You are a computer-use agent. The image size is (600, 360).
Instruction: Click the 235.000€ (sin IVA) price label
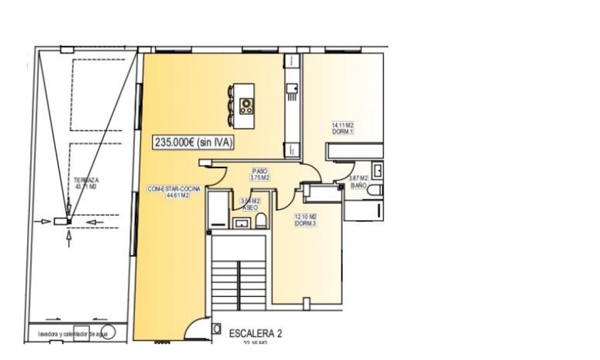194,142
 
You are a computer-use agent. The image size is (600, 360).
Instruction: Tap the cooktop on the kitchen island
246,105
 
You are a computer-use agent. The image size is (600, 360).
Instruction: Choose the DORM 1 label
343,132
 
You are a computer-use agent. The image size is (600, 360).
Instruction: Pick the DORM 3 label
305,224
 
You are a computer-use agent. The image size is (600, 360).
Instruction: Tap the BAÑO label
358,185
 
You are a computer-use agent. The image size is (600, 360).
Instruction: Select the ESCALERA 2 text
255,333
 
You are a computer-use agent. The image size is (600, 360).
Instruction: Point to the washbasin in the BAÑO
379,171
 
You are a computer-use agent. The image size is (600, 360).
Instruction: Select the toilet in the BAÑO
374,190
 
